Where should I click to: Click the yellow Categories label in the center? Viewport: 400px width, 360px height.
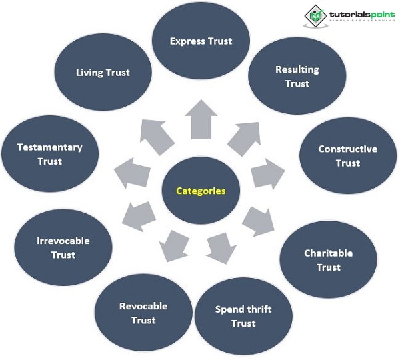[201, 191]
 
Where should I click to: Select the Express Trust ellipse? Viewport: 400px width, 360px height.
[201, 41]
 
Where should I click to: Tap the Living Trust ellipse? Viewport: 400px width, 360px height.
[103, 73]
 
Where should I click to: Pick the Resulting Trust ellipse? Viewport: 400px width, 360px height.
[297, 76]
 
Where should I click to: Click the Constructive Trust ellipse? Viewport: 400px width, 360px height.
[347, 156]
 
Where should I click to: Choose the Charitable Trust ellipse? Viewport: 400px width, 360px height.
[328, 260]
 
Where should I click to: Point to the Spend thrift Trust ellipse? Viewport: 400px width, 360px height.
[243, 316]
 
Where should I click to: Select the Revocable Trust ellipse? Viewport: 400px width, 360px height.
[143, 313]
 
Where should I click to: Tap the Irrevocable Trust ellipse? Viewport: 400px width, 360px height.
[63, 247]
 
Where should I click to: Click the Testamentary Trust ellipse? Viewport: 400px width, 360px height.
[50, 154]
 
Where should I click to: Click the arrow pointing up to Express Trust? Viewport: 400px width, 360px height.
[201, 120]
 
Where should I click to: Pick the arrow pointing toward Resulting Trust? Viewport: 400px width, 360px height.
[243, 138]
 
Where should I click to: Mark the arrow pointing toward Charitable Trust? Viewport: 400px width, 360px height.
[257, 221]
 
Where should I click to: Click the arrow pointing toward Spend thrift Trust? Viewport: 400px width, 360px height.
[221, 248]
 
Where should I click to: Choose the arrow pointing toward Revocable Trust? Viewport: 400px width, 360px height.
[175, 245]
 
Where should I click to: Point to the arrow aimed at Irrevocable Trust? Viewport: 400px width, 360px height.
[141, 215]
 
